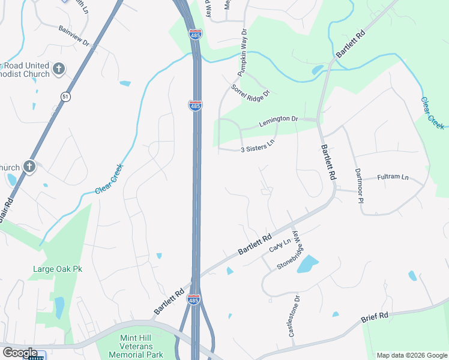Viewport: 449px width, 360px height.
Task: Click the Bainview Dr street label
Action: click(x=74, y=36)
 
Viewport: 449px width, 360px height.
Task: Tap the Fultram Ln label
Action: click(x=393, y=178)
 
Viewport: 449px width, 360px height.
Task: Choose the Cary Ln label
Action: click(x=280, y=245)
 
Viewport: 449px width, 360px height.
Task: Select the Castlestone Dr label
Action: click(x=294, y=316)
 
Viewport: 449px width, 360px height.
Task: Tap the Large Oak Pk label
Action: click(x=56, y=269)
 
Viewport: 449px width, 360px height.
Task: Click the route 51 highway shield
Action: click(x=65, y=97)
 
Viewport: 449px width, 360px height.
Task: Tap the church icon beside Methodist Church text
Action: click(x=59, y=68)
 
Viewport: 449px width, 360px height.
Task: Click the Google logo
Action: click(x=20, y=353)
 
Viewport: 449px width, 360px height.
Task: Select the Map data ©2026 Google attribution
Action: click(x=411, y=355)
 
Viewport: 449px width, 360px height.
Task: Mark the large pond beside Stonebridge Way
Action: click(x=307, y=264)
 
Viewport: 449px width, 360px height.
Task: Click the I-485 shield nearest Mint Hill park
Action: click(x=193, y=299)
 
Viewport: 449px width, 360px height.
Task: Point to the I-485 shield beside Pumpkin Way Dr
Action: click(x=195, y=34)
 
